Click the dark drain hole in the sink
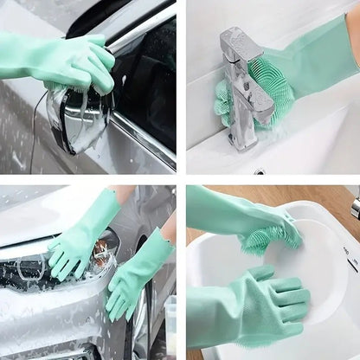point(260,170)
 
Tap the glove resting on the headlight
point(82,238)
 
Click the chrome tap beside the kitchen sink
point(356,208)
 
